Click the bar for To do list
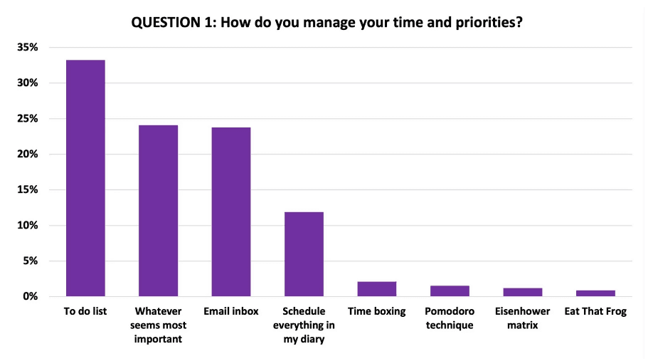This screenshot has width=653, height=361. [x=85, y=178]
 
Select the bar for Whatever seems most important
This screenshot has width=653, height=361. [x=158, y=211]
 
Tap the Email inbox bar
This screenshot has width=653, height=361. [x=231, y=211]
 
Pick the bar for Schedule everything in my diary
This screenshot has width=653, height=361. [x=304, y=254]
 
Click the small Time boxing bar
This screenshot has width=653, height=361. [x=376, y=289]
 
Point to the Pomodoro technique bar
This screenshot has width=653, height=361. [x=450, y=291]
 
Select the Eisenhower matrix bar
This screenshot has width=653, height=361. [x=522, y=292]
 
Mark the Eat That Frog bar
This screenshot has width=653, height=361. [x=595, y=293]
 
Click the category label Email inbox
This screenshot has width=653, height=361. [x=231, y=312]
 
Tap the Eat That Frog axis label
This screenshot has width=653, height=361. [x=595, y=312]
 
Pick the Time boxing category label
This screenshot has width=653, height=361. [x=376, y=312]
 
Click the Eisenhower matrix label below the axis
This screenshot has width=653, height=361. [x=522, y=318]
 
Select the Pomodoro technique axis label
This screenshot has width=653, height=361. [x=450, y=318]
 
